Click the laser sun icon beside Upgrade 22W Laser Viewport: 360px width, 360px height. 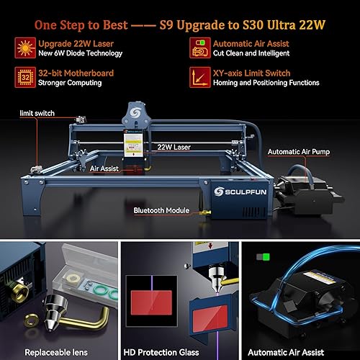(23, 48)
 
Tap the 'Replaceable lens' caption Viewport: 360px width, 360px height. (57, 353)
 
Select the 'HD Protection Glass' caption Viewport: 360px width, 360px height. (180, 353)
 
